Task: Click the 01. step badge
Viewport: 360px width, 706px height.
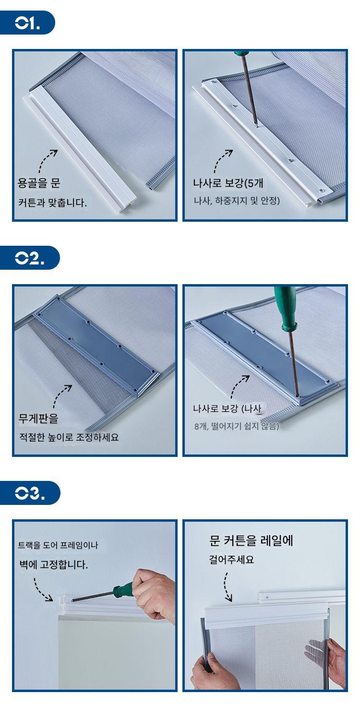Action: (x=27, y=23)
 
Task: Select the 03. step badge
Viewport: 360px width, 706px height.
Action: (x=30, y=493)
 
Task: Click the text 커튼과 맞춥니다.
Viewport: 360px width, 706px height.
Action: (x=52, y=203)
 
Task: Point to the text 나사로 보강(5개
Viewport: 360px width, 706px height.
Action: (x=228, y=183)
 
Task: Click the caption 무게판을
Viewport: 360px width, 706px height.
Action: (x=38, y=418)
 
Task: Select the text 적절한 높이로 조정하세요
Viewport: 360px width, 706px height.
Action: (x=69, y=437)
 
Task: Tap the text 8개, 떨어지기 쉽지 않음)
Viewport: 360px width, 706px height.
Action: (x=237, y=426)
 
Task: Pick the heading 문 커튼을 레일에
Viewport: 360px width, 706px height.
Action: (x=251, y=540)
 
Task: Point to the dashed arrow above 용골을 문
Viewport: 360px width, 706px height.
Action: (x=47, y=161)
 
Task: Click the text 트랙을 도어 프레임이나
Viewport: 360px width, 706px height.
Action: (x=58, y=545)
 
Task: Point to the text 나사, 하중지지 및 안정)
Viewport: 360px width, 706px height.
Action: (x=237, y=201)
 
